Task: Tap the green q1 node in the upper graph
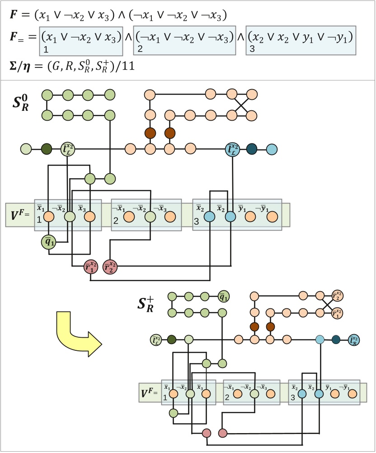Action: click(x=48, y=242)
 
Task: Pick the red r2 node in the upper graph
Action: click(x=110, y=267)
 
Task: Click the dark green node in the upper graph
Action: click(x=47, y=148)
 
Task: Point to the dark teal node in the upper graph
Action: click(x=252, y=148)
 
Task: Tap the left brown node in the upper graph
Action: click(x=150, y=133)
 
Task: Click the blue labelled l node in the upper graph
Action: click(x=233, y=148)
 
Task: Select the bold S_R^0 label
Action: click(x=21, y=103)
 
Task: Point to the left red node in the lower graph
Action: click(x=207, y=433)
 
